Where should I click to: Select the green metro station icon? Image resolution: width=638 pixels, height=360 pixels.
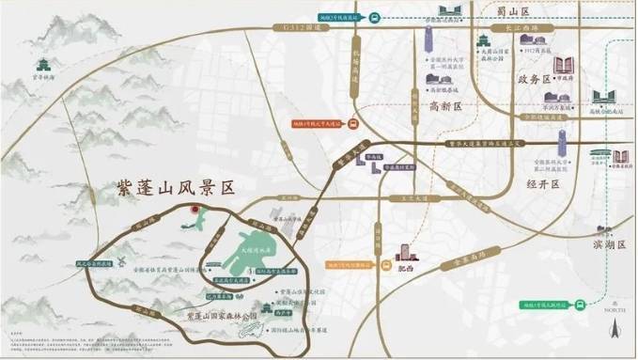point(582,305)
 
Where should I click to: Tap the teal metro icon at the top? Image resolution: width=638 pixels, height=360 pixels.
point(373,16)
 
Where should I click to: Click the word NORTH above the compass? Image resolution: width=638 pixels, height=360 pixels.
point(615,306)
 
